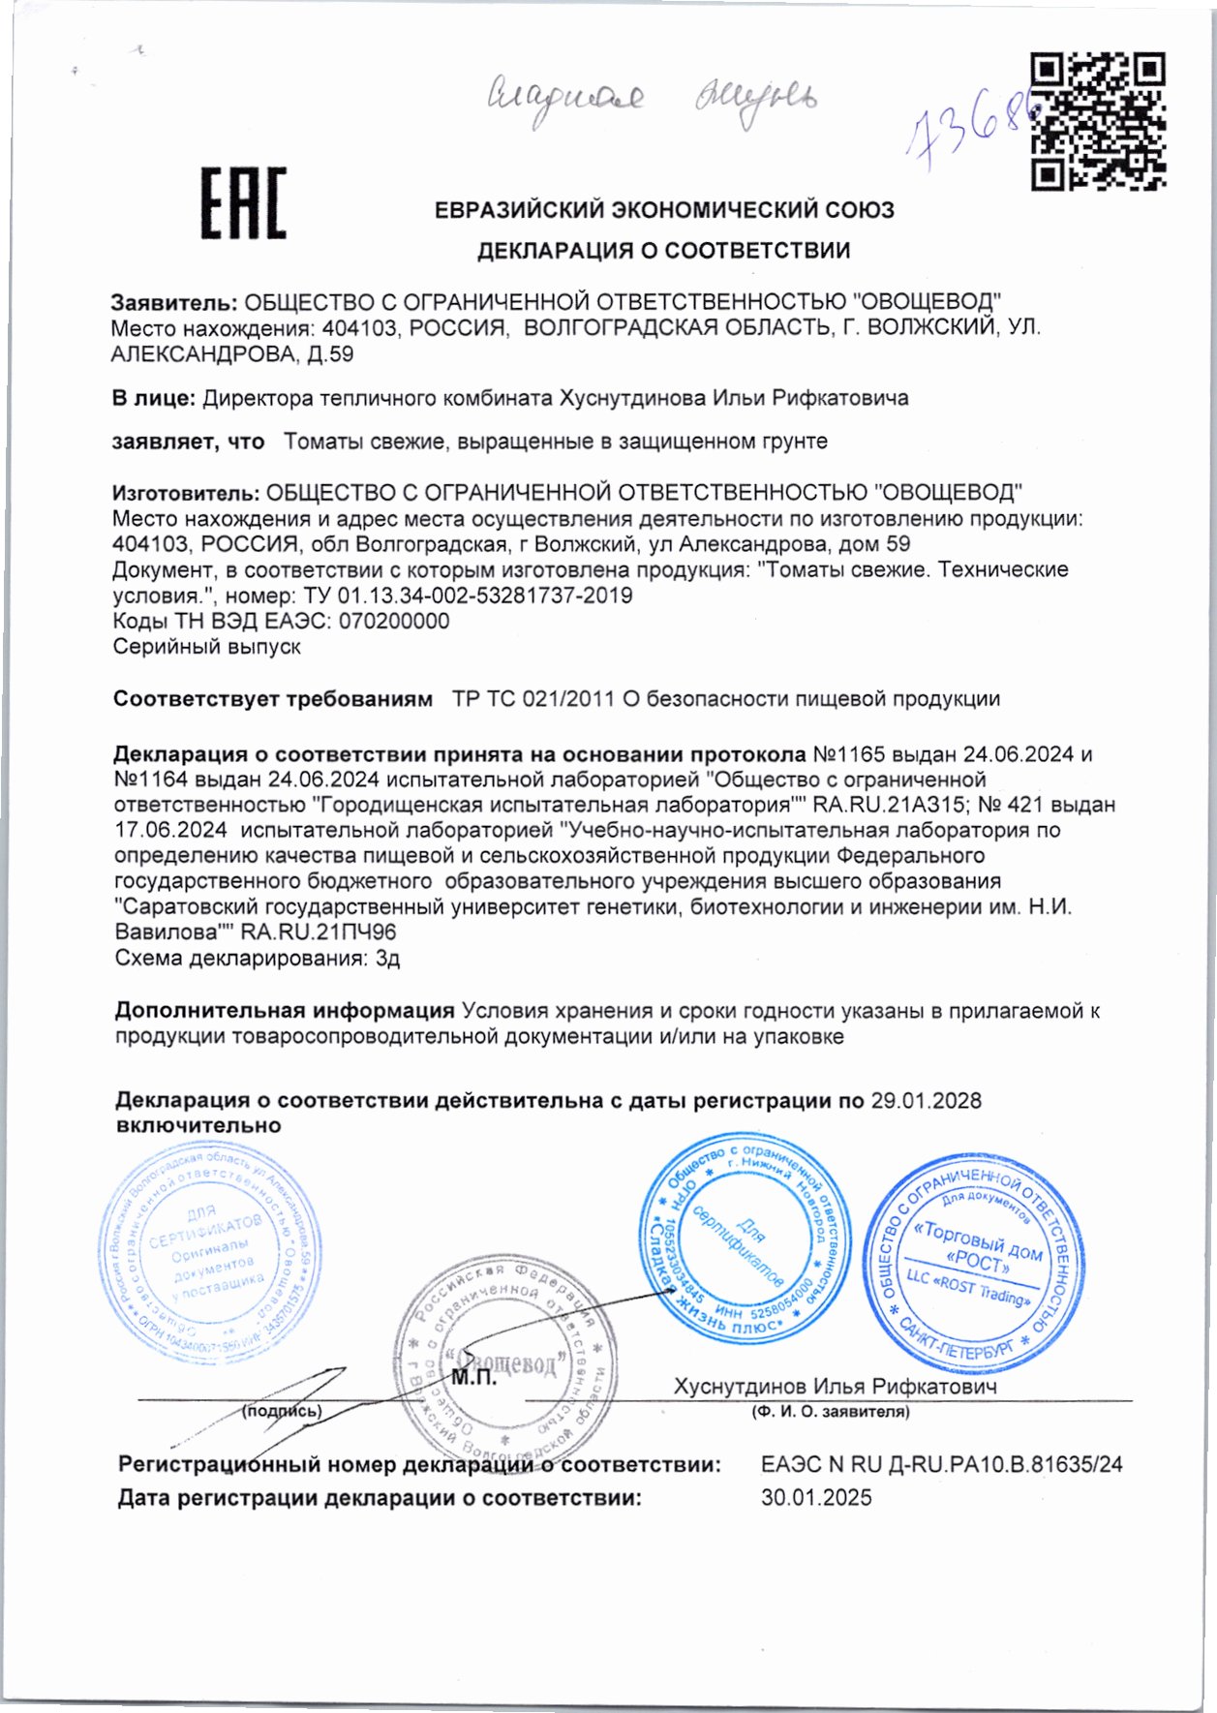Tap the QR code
tap(1097, 121)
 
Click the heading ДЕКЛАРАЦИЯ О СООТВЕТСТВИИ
tap(663, 251)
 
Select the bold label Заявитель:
tap(173, 302)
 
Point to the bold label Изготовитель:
tap(185, 493)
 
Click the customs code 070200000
tap(389, 621)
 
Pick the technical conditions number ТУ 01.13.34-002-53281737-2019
tap(468, 596)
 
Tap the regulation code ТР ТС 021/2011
tap(532, 698)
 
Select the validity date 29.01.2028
tap(926, 1100)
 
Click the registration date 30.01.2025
tap(815, 1498)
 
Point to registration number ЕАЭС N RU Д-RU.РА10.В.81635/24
tap(941, 1464)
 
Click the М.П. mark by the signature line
tap(473, 1378)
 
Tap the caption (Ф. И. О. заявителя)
tap(830, 1412)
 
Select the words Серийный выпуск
tap(206, 646)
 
